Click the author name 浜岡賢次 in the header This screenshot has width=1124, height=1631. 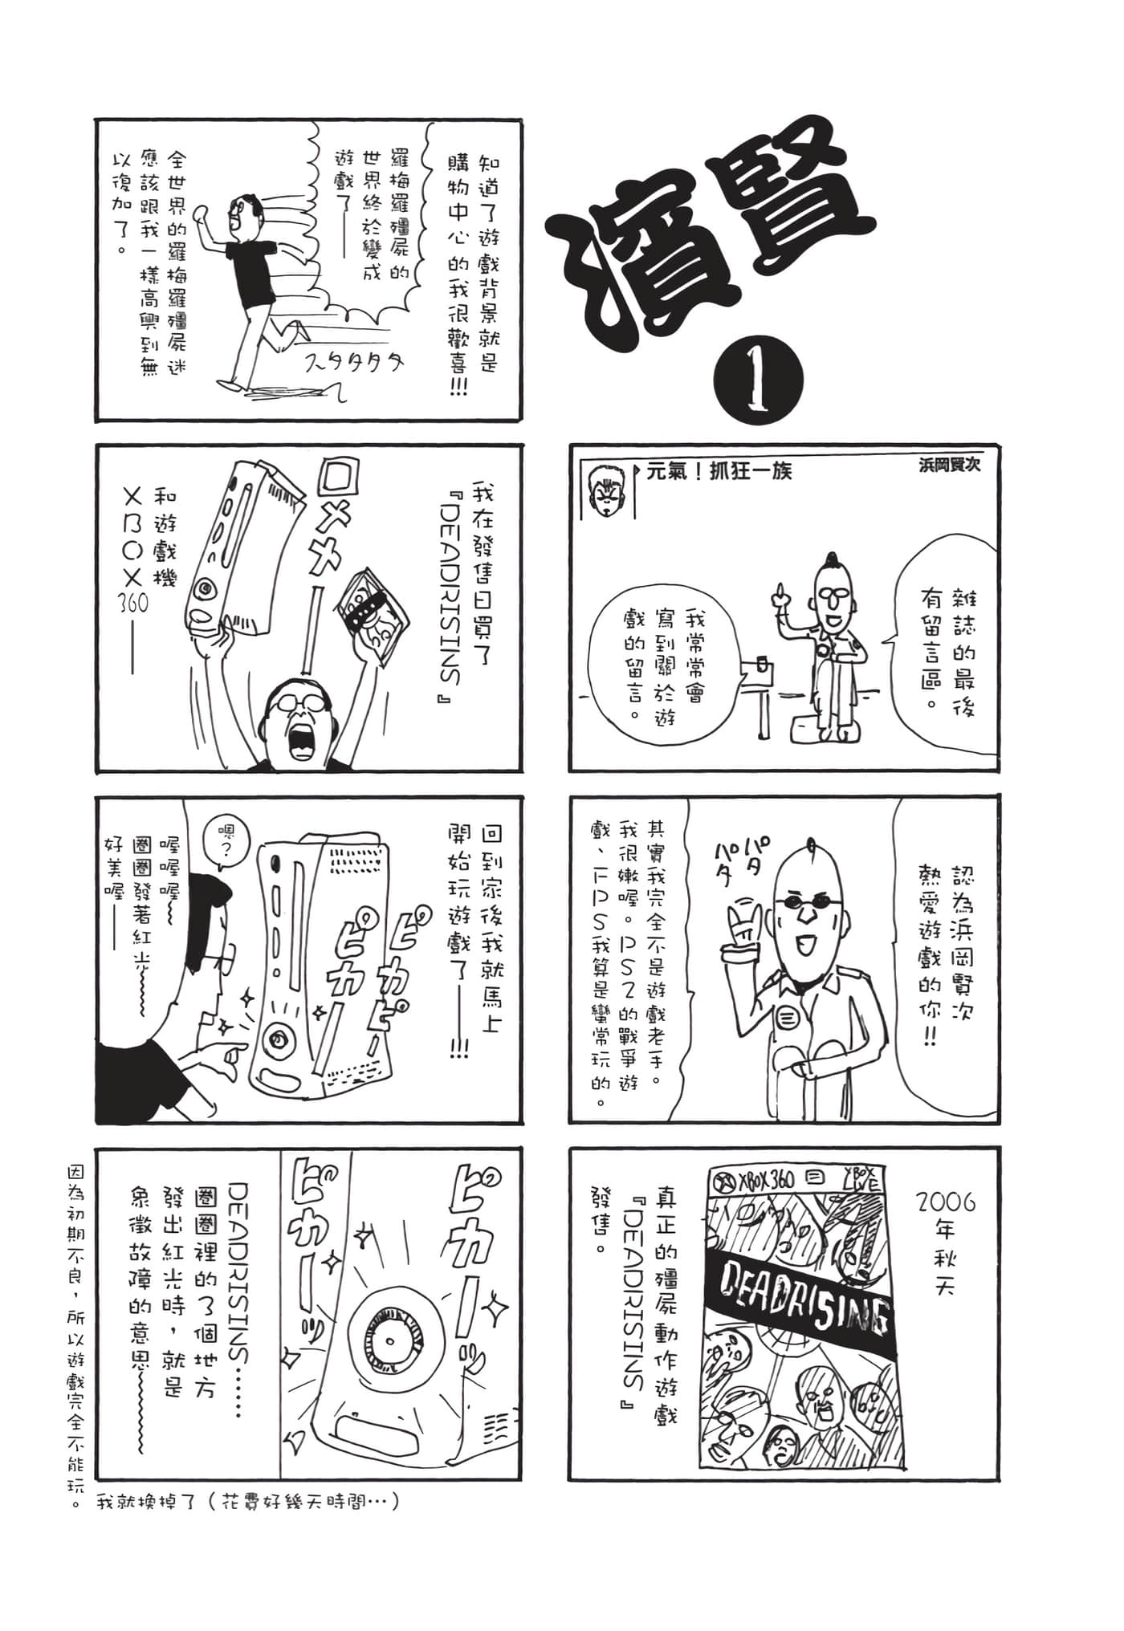click(x=950, y=465)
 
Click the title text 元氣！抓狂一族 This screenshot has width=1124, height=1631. click(x=719, y=471)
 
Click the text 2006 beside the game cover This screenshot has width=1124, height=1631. click(x=945, y=1202)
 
